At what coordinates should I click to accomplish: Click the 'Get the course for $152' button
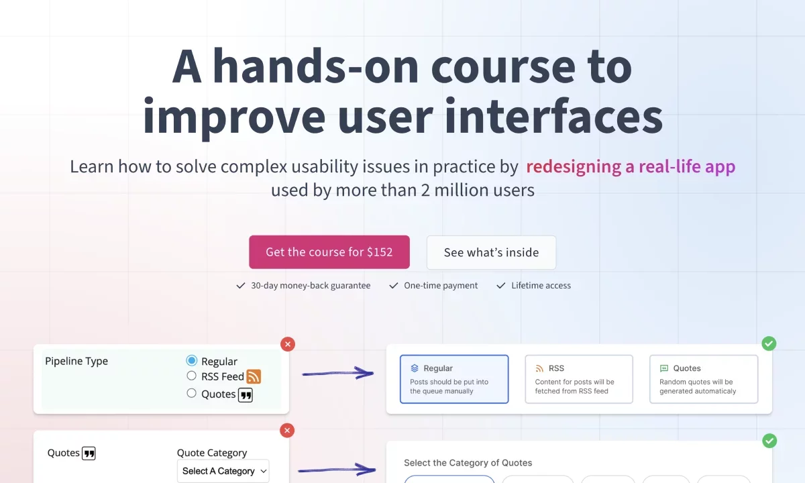click(329, 252)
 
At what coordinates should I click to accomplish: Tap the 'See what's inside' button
click(491, 252)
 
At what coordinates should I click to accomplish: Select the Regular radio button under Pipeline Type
click(192, 360)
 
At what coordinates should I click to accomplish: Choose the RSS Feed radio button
click(192, 376)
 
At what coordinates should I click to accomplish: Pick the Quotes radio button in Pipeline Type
click(192, 393)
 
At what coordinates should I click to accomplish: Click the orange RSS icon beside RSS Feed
click(254, 376)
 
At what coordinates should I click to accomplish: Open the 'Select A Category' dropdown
click(223, 471)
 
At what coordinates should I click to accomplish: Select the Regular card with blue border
click(454, 379)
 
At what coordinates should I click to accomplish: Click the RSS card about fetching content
click(579, 379)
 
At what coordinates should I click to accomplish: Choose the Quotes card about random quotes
click(704, 379)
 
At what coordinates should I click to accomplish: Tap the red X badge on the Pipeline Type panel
click(288, 344)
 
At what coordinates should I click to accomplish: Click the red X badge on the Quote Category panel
click(287, 431)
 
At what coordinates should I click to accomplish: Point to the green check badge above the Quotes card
click(769, 343)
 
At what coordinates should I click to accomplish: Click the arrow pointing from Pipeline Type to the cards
click(338, 374)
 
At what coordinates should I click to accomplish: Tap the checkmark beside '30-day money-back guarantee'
click(240, 285)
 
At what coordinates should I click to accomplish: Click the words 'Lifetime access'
click(541, 285)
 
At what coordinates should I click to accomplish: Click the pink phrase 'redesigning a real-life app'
click(631, 166)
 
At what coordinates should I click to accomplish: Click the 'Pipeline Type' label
click(76, 361)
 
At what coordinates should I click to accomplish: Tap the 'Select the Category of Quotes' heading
click(468, 462)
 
